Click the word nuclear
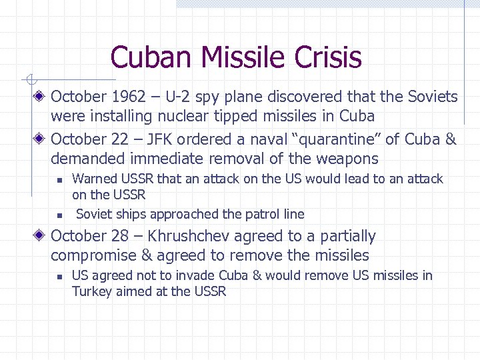(184, 116)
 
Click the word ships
(131, 214)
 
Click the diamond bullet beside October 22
(41, 139)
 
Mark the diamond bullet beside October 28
(41, 237)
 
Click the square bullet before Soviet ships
(59, 215)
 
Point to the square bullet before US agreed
(59, 276)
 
